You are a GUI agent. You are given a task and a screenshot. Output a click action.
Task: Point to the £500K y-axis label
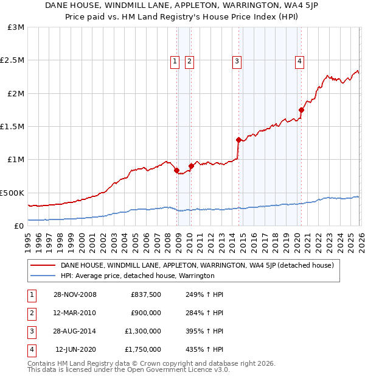pyautogui.click(x=12, y=193)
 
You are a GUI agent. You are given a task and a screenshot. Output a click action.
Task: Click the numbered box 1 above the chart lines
pyautogui.click(x=175, y=60)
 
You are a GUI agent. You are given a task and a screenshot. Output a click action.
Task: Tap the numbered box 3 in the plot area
pyautogui.click(x=236, y=60)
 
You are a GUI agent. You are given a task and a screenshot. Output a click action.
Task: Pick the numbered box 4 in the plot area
pyautogui.click(x=300, y=60)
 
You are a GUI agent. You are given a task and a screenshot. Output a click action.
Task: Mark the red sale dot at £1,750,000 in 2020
pyautogui.click(x=301, y=110)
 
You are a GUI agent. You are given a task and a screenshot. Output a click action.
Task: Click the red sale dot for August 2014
pyautogui.click(x=238, y=140)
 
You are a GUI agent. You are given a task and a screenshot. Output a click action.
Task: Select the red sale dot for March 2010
pyautogui.click(x=191, y=166)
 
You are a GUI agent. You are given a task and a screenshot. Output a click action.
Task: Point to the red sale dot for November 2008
pyautogui.click(x=177, y=170)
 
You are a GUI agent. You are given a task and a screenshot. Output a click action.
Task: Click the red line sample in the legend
pyautogui.click(x=43, y=266)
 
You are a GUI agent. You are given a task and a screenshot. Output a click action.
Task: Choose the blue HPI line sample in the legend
pyautogui.click(x=43, y=276)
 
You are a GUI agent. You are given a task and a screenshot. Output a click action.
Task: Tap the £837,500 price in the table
pyautogui.click(x=146, y=294)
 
